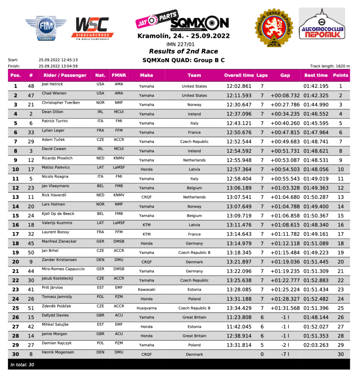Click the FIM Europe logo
click(46, 27)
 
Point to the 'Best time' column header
click(316, 75)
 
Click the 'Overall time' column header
click(239, 75)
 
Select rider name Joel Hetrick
click(53, 84)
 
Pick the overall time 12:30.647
click(239, 105)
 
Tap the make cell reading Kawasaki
click(146, 290)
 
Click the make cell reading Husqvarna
click(146, 308)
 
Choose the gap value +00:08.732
click(285, 96)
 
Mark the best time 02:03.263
click(316, 345)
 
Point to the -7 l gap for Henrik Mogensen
click(285, 354)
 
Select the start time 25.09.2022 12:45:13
click(58, 60)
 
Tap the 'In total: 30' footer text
click(23, 365)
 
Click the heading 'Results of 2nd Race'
click(183, 51)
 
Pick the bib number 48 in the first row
click(31, 86)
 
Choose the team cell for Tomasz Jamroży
click(194, 299)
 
